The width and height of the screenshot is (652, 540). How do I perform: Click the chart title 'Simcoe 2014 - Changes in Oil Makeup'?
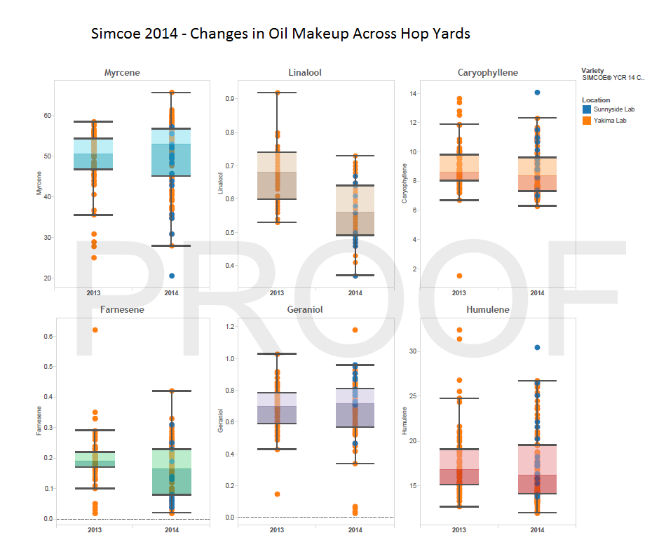point(280,34)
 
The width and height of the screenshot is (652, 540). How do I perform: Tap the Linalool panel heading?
point(305,72)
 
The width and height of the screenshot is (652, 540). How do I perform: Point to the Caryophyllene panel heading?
point(488,72)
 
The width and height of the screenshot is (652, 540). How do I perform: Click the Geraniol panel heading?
point(305,309)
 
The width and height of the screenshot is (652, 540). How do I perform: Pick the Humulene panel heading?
point(488,309)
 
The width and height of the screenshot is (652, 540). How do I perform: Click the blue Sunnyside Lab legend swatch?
point(586,109)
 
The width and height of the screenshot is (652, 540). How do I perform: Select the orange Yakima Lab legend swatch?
point(586,120)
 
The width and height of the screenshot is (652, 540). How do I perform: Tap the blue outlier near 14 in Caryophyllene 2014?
point(537,93)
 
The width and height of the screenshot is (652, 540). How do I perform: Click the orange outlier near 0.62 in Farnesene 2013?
point(95,330)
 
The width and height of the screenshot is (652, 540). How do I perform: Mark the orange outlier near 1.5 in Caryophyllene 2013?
point(459,276)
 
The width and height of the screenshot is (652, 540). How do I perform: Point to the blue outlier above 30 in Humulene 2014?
point(537,347)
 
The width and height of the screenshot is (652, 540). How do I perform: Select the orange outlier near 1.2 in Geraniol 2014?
point(355,330)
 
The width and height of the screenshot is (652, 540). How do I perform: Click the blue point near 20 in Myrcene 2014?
point(172,276)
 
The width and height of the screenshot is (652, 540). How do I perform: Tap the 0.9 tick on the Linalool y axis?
point(248,99)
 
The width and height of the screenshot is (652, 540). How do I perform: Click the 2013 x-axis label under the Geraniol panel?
point(277,529)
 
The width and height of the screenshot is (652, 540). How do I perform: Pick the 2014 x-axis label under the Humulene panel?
point(537,529)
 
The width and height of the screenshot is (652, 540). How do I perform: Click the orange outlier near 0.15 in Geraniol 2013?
point(277,494)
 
